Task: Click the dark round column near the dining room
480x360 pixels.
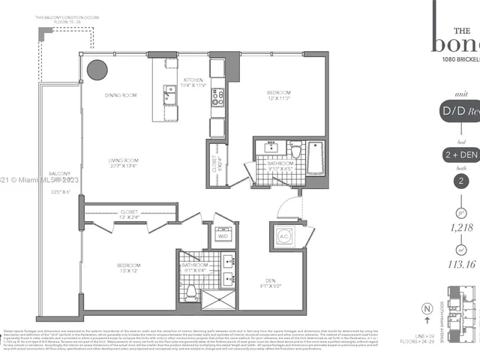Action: (97, 70)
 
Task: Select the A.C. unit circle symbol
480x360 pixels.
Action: (286, 235)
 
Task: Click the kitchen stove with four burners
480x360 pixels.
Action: (217, 97)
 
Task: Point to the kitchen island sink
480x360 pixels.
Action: (170, 93)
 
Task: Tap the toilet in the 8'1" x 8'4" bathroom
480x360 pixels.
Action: (191, 290)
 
